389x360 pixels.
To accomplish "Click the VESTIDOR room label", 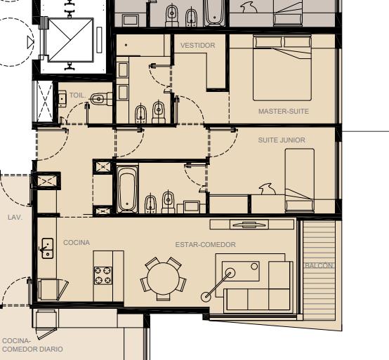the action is (x=197, y=46).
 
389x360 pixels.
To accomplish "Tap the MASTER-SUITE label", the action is (x=284, y=112).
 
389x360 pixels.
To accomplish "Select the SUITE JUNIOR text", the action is (x=282, y=140).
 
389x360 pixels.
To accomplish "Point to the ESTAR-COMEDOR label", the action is (x=206, y=245).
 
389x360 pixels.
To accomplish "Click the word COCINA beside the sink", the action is (x=77, y=243).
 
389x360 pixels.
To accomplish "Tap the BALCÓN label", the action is (x=319, y=265).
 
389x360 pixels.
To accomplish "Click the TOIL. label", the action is (x=78, y=95).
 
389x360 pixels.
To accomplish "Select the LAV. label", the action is (x=15, y=218).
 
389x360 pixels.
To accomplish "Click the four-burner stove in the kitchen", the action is (x=103, y=275).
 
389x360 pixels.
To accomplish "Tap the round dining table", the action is (x=163, y=279).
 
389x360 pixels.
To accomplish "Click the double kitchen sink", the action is (x=47, y=248).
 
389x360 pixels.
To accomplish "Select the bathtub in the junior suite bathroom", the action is (x=127, y=189).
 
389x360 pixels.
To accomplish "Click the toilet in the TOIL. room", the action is (x=101, y=99).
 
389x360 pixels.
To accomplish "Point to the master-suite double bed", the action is (x=282, y=67).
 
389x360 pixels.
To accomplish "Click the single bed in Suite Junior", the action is (x=299, y=180).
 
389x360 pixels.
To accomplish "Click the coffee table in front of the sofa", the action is (x=241, y=271).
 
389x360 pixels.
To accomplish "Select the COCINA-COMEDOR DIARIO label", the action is (x=32, y=345).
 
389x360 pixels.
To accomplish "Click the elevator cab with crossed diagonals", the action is (x=70, y=40).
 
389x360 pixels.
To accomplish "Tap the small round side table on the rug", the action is (x=254, y=267).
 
